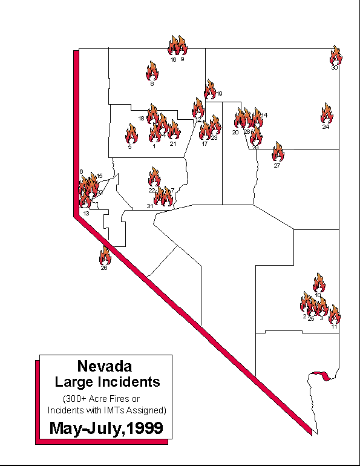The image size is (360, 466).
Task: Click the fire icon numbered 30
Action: click(336, 56)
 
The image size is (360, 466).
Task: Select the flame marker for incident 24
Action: click(327, 113)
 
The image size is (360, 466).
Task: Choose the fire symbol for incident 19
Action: click(210, 90)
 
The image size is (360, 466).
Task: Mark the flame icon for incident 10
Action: click(319, 283)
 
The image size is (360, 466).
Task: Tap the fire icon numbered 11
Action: click(334, 315)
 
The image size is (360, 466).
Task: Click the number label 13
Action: click(87, 214)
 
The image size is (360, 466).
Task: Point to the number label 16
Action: click(173, 60)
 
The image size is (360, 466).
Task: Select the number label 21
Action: click(172, 144)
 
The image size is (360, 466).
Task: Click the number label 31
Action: click(149, 207)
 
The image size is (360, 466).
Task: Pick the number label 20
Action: click(235, 132)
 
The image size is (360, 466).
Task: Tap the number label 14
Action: click(264, 115)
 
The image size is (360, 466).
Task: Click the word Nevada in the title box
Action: click(105, 366)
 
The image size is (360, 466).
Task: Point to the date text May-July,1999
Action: click(106, 428)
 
